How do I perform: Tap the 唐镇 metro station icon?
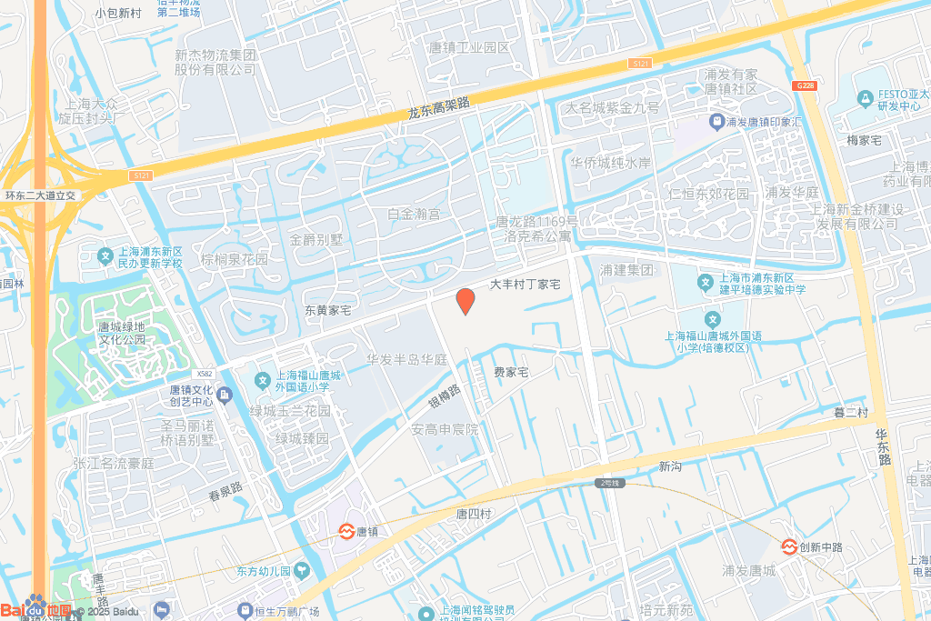pyautogui.click(x=346, y=531)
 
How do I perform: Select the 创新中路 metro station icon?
pyautogui.click(x=789, y=546)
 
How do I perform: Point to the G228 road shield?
pyautogui.click(x=804, y=85)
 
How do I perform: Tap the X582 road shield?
pyautogui.click(x=204, y=374)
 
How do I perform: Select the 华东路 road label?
pyautogui.click(x=883, y=448)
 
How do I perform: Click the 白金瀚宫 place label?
pyautogui.click(x=414, y=215)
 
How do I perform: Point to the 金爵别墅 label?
pyautogui.click(x=316, y=240)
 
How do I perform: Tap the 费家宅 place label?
pyautogui.click(x=511, y=373)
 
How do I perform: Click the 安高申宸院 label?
pyautogui.click(x=445, y=429)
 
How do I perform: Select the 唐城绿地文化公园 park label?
pyautogui.click(x=123, y=334)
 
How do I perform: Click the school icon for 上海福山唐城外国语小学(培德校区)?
pyautogui.click(x=713, y=320)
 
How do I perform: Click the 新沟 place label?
pyautogui.click(x=670, y=466)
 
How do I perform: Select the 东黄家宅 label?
pyautogui.click(x=327, y=310)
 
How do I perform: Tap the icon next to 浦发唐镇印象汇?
pyautogui.click(x=716, y=121)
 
